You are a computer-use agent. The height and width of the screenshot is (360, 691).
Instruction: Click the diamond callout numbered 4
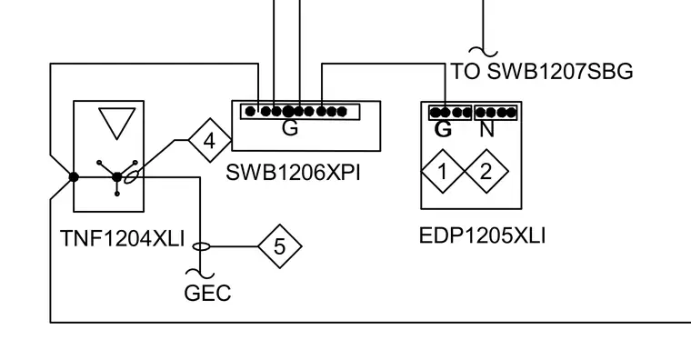(x=210, y=141)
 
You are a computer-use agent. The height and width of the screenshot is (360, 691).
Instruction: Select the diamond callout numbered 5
(x=280, y=246)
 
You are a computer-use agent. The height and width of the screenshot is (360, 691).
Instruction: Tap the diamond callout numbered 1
(x=443, y=172)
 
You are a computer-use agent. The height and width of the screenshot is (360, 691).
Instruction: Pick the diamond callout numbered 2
(x=486, y=172)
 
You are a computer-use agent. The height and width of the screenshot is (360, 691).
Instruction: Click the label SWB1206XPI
(x=293, y=173)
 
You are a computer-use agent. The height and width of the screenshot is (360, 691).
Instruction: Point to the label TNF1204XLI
(x=122, y=239)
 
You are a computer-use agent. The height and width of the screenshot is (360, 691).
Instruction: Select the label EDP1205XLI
(x=482, y=235)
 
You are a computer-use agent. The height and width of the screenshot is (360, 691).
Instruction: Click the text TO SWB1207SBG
(x=542, y=72)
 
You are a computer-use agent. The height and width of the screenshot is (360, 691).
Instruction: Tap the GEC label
(x=207, y=293)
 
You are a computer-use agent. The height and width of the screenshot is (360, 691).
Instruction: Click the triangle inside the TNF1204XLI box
(x=117, y=121)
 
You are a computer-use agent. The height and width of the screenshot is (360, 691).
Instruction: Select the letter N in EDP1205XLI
(x=486, y=130)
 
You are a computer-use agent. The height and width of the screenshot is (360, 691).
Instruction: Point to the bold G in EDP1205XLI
(x=444, y=130)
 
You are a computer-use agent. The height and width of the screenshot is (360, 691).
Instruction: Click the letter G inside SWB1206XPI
(x=290, y=128)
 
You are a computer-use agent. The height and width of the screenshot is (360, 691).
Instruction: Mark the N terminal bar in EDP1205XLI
(x=496, y=113)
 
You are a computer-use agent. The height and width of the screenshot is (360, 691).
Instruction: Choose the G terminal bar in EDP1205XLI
(x=450, y=113)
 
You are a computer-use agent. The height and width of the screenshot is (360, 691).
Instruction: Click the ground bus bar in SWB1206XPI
(x=300, y=112)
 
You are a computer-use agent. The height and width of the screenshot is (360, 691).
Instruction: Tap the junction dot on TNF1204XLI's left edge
(x=74, y=177)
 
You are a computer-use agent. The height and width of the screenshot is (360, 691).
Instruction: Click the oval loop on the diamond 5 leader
(x=202, y=246)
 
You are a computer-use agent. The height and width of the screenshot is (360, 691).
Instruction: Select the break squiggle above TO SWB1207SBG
(x=483, y=52)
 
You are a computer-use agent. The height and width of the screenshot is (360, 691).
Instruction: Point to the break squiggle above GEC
(x=201, y=274)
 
